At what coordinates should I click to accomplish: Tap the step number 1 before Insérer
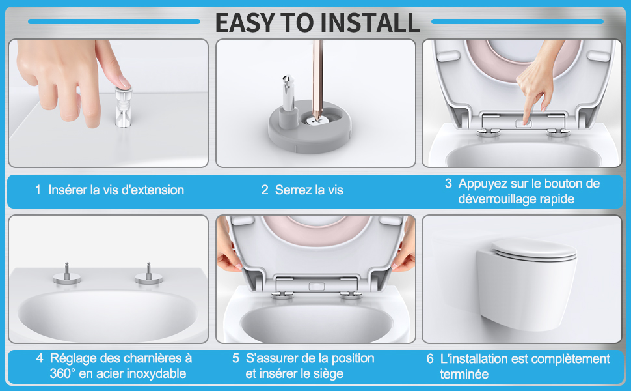pyautogui.click(x=38, y=190)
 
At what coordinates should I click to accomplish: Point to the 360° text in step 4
pyautogui.click(x=63, y=373)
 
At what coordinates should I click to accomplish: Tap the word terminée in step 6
pyautogui.click(x=464, y=375)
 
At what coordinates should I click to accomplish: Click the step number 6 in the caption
pyautogui.click(x=430, y=359)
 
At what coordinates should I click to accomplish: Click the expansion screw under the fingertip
pyautogui.click(x=123, y=107)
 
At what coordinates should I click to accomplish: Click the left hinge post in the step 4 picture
pyautogui.click(x=67, y=273)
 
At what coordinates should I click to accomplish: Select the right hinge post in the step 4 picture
pyautogui.click(x=149, y=273)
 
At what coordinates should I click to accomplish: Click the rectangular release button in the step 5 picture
pyautogui.click(x=316, y=287)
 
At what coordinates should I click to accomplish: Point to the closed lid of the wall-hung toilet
pyautogui.click(x=533, y=247)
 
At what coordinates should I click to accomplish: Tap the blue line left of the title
pyautogui.click(x=114, y=22)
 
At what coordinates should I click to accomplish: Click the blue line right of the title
pyautogui.click(x=518, y=22)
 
